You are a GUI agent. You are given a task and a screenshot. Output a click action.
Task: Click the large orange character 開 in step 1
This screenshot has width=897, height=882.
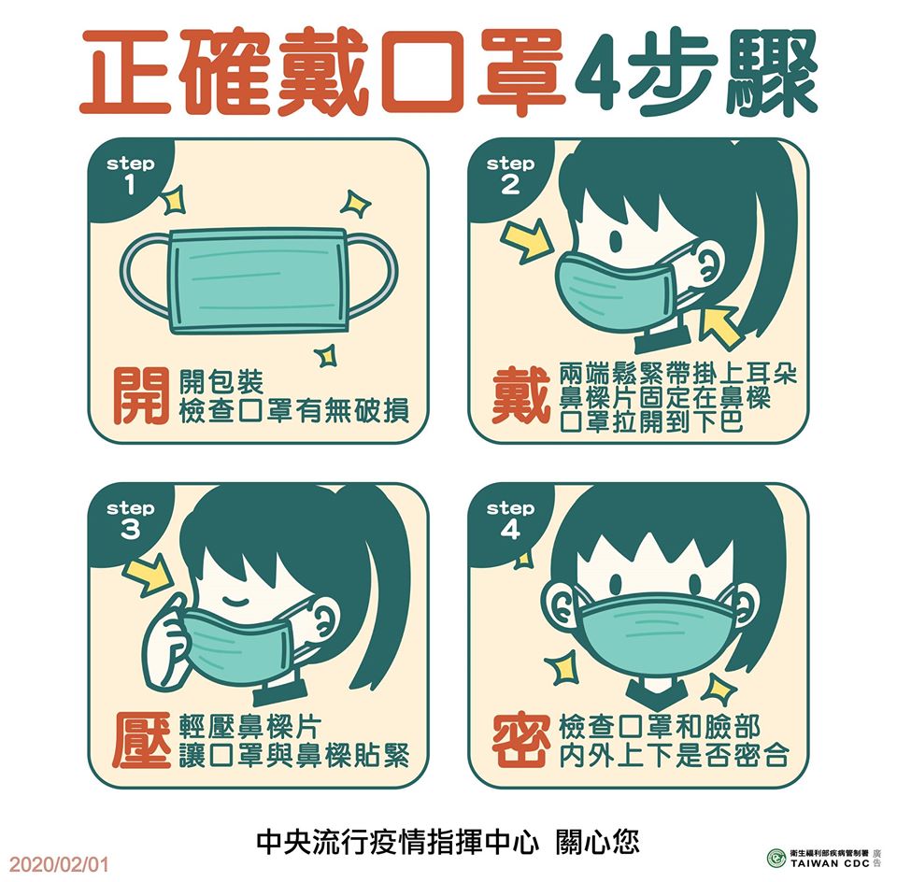pyautogui.click(x=141, y=396)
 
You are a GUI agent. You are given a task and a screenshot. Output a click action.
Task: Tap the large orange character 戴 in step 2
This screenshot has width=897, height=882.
pyautogui.click(x=520, y=396)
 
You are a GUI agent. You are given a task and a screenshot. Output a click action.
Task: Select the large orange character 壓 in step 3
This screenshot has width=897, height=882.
pyautogui.click(x=141, y=740)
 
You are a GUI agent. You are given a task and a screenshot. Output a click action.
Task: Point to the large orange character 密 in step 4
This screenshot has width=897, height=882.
pyautogui.click(x=521, y=740)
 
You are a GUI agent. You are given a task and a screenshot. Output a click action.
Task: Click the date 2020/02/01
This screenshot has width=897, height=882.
pyautogui.click(x=59, y=863)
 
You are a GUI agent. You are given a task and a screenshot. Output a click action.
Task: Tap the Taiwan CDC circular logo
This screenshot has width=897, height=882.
pyautogui.click(x=776, y=858)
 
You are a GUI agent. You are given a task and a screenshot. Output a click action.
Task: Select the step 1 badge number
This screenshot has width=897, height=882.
pyautogui.click(x=130, y=185)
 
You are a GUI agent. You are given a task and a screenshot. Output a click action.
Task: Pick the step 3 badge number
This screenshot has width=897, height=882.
pyautogui.click(x=130, y=530)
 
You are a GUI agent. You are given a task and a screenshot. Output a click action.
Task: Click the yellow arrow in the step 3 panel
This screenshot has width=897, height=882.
pyautogui.click(x=149, y=577)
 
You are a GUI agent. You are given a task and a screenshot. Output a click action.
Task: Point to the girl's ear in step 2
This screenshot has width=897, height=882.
pyautogui.click(x=708, y=265)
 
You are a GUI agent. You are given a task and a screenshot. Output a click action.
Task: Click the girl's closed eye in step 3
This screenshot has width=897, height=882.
pyautogui.click(x=235, y=601)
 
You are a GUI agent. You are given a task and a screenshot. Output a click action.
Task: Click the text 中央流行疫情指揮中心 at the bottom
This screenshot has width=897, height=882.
pyautogui.click(x=397, y=842)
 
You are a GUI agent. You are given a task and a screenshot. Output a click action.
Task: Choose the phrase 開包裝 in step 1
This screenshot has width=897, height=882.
pyautogui.click(x=221, y=381)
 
